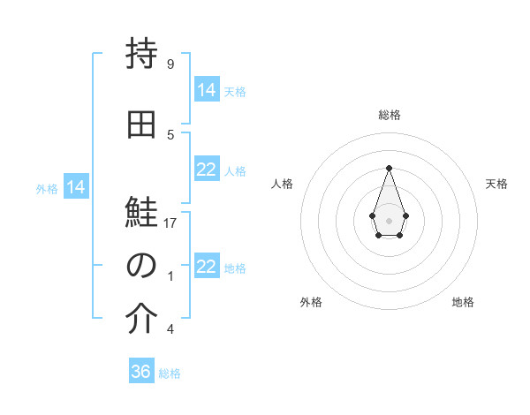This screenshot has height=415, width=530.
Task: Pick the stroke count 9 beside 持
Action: pyautogui.click(x=170, y=64)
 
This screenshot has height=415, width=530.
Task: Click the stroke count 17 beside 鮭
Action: pyautogui.click(x=171, y=223)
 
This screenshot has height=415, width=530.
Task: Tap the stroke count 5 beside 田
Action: pyautogui.click(x=170, y=135)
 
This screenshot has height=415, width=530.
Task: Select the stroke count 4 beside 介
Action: pyautogui.click(x=170, y=329)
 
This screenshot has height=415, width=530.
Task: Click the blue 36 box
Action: pyautogui.click(x=141, y=372)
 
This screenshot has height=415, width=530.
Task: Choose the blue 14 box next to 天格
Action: pyautogui.click(x=207, y=90)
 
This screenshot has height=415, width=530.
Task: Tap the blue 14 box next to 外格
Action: pyautogui.click(x=76, y=187)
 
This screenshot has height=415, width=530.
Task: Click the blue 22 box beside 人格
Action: pyautogui.click(x=207, y=170)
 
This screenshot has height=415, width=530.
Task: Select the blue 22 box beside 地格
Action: pyautogui.click(x=207, y=267)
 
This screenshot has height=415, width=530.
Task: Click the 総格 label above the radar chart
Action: pyautogui.click(x=389, y=115)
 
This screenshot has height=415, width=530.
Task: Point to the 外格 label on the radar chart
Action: pyautogui.click(x=311, y=302)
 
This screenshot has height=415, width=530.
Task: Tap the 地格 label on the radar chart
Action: pyautogui.click(x=463, y=302)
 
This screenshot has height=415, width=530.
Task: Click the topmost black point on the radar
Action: pyautogui.click(x=389, y=167)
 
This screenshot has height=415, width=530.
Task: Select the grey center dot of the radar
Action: pyautogui.click(x=389, y=220)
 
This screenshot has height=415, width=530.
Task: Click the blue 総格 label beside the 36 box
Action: pyautogui.click(x=170, y=373)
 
